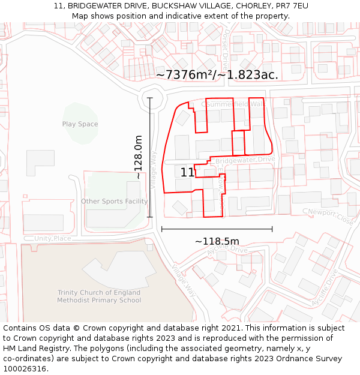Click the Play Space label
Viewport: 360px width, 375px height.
[80, 124]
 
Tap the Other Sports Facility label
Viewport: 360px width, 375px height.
[114, 202]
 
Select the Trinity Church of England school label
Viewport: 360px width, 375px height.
[99, 296]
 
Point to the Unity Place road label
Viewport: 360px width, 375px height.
[53, 239]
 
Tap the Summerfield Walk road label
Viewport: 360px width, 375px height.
[234, 104]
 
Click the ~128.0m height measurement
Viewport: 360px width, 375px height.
[139, 157]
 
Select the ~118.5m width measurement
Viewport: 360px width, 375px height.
[217, 241]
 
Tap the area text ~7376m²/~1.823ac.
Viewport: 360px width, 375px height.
[217, 75]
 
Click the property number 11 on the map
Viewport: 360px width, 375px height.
[187, 172]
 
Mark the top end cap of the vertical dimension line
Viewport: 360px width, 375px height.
[150, 98]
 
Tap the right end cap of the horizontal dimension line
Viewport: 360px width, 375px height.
[272, 229]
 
